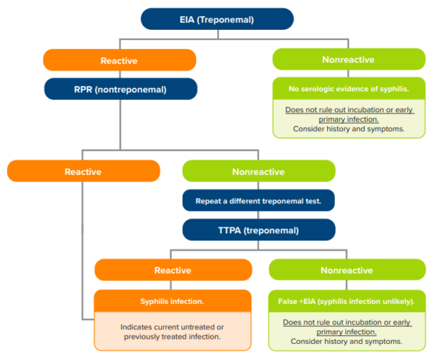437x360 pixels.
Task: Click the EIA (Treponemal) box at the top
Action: (x=217, y=19)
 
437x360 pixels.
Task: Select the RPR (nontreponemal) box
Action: (x=120, y=89)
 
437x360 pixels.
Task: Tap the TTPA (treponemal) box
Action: (x=259, y=230)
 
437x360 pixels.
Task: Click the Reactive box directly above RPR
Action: (x=120, y=60)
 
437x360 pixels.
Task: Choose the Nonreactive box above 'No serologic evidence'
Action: (x=348, y=60)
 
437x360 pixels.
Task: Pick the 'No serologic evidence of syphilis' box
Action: (x=348, y=89)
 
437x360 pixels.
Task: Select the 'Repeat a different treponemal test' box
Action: (x=259, y=200)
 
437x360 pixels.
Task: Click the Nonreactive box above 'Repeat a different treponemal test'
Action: (x=259, y=171)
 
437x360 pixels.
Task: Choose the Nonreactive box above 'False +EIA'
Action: (x=346, y=270)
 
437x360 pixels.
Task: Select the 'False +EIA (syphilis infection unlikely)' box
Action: (x=346, y=301)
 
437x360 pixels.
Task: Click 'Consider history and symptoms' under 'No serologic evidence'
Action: (x=348, y=128)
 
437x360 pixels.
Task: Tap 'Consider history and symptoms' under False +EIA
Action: (x=346, y=340)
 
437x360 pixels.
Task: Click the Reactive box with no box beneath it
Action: (x=83, y=171)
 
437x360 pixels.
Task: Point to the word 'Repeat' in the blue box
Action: (x=210, y=200)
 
